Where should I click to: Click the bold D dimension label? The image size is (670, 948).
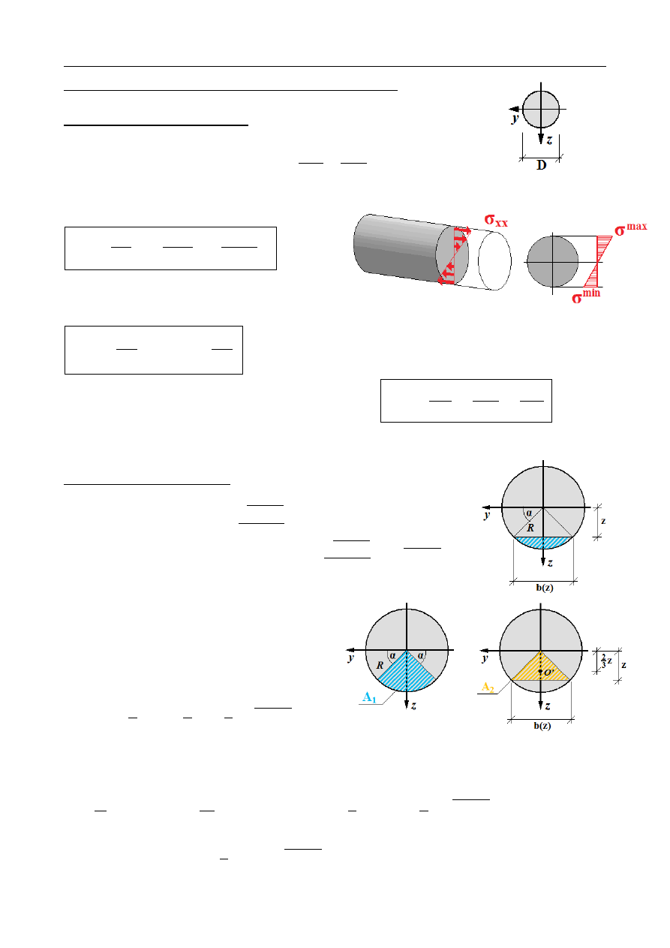point(541,166)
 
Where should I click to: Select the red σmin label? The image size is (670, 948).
point(587,298)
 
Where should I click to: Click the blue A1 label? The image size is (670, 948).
point(369,697)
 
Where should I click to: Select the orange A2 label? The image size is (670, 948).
point(488,688)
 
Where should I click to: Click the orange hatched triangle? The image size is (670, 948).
point(541,670)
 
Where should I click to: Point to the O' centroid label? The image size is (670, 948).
point(549,673)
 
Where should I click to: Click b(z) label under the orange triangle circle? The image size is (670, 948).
point(540,726)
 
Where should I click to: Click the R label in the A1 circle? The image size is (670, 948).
point(380,665)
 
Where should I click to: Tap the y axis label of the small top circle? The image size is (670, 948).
point(515,119)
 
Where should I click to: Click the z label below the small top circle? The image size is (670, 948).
point(549,140)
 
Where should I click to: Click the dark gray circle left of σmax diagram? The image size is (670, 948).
point(552,261)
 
